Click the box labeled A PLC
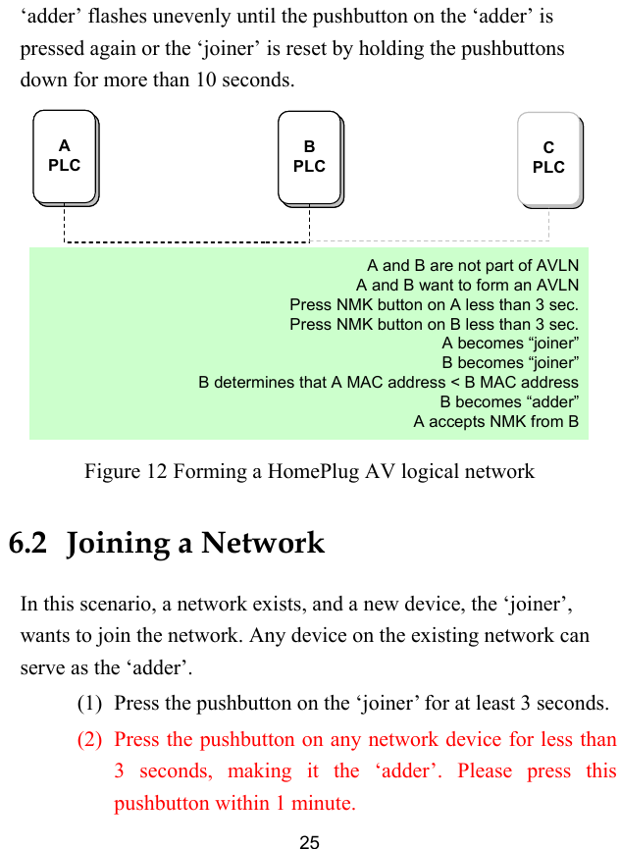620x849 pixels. [64, 156]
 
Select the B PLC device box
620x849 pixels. [309, 157]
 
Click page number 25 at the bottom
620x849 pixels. [309, 841]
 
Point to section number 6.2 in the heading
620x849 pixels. [27, 543]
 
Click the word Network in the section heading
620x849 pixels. [262, 543]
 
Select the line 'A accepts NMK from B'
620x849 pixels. [495, 421]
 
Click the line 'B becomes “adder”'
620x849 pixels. [508, 401]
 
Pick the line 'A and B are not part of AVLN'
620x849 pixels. [472, 265]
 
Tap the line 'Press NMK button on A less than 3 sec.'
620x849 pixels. [434, 304]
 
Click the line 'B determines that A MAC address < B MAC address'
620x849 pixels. [388, 382]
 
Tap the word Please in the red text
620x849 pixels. [485, 771]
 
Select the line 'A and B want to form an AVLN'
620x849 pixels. [467, 285]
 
